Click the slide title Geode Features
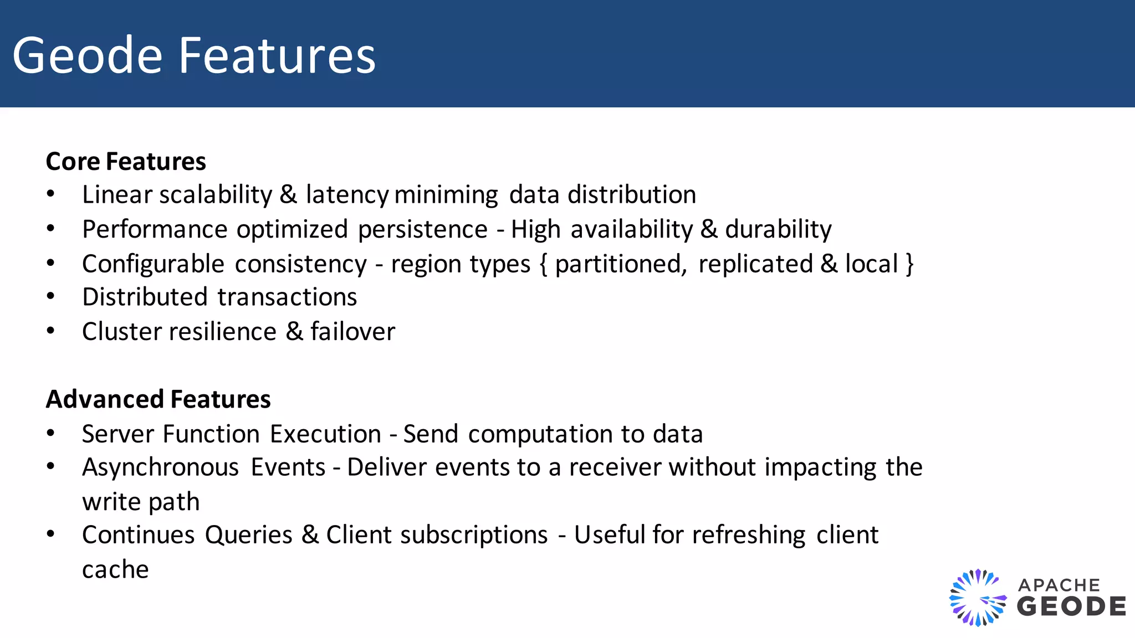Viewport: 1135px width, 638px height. click(x=194, y=55)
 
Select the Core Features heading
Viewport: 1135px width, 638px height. click(x=126, y=162)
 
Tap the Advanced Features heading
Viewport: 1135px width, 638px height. click(x=158, y=399)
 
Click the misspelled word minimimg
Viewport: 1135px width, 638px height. click(x=446, y=195)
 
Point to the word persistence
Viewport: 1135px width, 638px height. click(x=422, y=229)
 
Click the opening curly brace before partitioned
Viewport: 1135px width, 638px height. click(x=543, y=264)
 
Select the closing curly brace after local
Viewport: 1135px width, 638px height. click(x=909, y=264)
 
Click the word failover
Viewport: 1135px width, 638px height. click(x=352, y=332)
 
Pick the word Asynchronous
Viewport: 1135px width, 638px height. click(x=161, y=467)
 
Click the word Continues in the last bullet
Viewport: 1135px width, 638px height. click(x=139, y=535)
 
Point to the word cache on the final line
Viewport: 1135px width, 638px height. click(x=115, y=570)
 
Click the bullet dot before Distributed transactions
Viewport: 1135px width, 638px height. click(x=51, y=297)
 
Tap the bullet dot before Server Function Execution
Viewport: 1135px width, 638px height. click(x=51, y=434)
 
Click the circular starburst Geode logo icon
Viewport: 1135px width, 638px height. click(x=978, y=598)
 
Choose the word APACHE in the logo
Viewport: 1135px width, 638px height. click(x=1059, y=585)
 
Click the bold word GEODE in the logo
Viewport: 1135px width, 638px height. click(x=1071, y=606)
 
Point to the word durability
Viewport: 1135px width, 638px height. click(x=778, y=229)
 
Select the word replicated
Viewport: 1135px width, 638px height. click(x=755, y=264)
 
